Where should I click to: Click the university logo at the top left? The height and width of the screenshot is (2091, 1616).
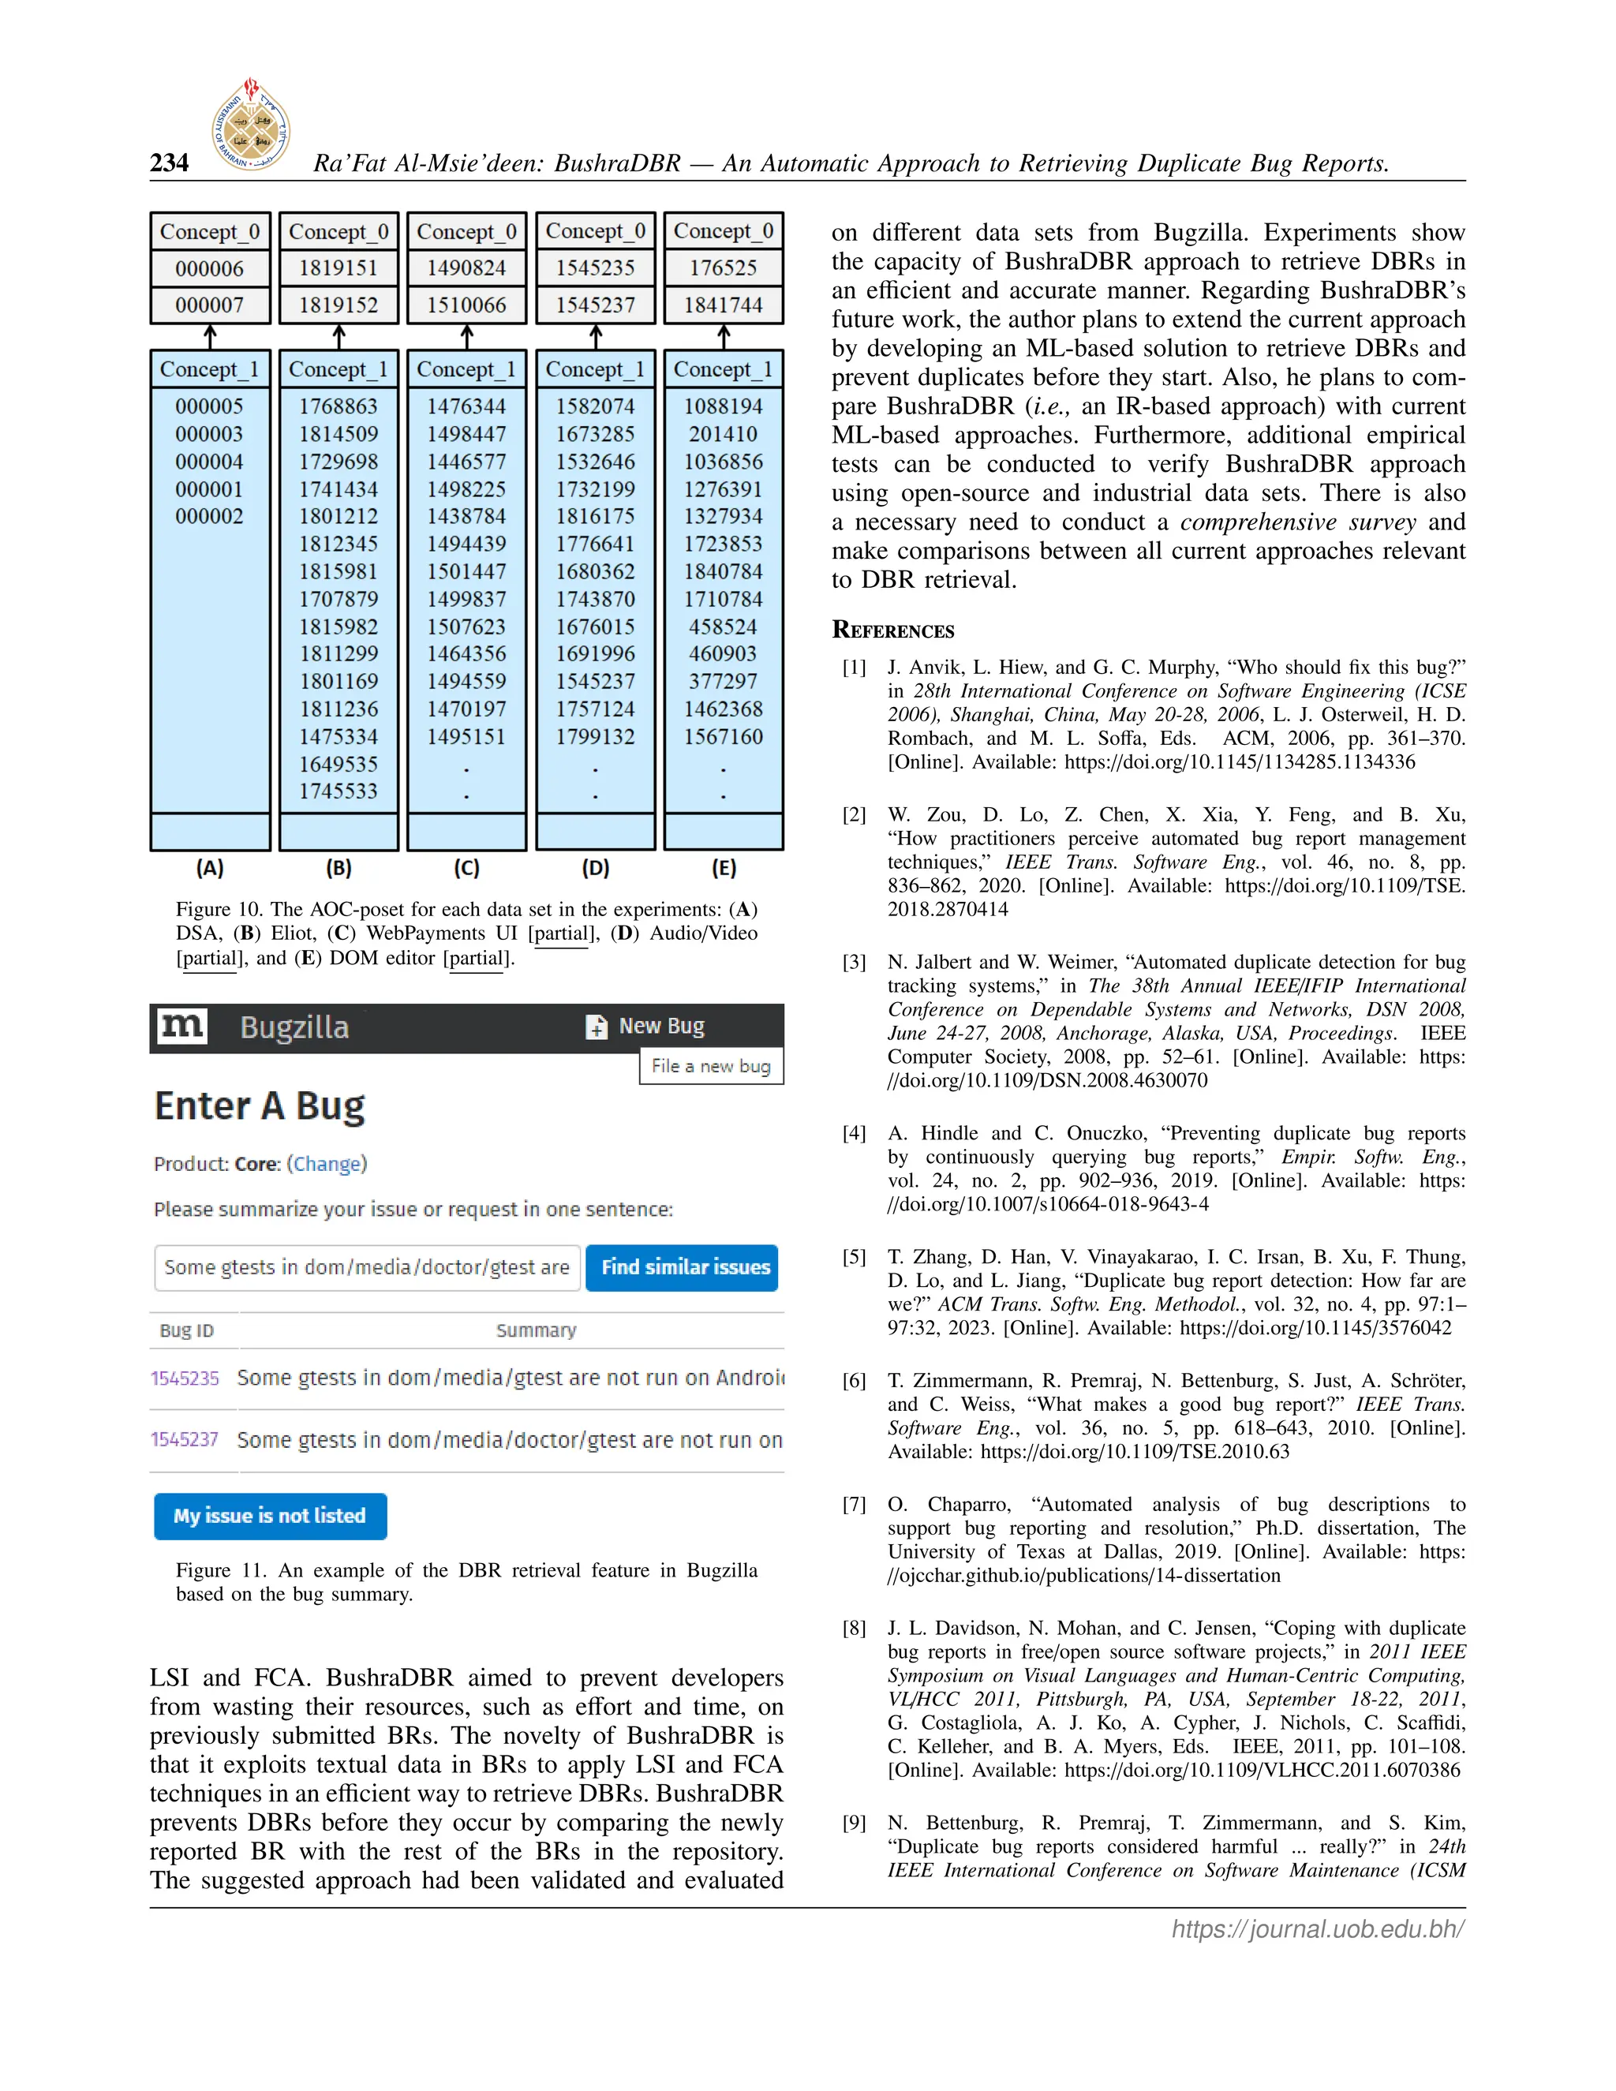[x=251, y=125]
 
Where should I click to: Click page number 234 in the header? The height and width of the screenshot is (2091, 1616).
[x=170, y=163]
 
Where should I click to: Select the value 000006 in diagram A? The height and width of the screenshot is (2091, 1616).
[x=210, y=268]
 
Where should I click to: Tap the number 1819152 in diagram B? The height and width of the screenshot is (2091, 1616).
[x=338, y=305]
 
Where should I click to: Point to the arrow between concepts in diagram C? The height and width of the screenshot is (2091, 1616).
[x=467, y=336]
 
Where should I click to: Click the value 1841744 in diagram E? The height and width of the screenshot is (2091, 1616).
[x=723, y=305]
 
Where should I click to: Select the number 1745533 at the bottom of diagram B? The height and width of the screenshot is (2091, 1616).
[x=338, y=791]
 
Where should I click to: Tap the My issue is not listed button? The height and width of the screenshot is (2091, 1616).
[x=270, y=1516]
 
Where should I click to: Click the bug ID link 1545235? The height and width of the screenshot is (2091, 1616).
[x=185, y=1378]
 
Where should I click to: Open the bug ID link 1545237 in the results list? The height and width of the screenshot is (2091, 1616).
[x=185, y=1439]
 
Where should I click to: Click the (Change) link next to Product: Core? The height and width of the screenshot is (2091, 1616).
[x=327, y=1163]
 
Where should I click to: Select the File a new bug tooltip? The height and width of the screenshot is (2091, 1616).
[x=710, y=1065]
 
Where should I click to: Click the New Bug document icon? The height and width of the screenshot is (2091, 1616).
[x=597, y=1027]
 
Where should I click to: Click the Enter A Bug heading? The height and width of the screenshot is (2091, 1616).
[x=260, y=1105]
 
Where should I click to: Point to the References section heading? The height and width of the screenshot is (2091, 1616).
[x=893, y=629]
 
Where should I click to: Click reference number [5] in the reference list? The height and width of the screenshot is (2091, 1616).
[x=854, y=1257]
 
